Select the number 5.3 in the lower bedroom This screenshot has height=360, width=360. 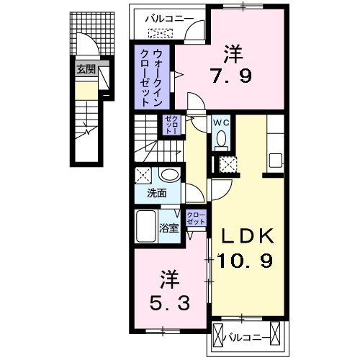[x=170, y=303]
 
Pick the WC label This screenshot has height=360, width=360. [x=220, y=122]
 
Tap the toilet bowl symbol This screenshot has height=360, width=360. [x=221, y=138]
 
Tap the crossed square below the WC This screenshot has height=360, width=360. [x=229, y=163]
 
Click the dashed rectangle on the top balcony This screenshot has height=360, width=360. [x=161, y=32]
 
